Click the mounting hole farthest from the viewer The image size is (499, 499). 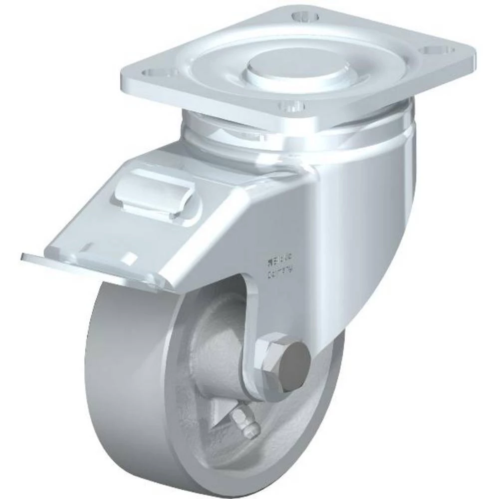[x=306, y=17]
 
